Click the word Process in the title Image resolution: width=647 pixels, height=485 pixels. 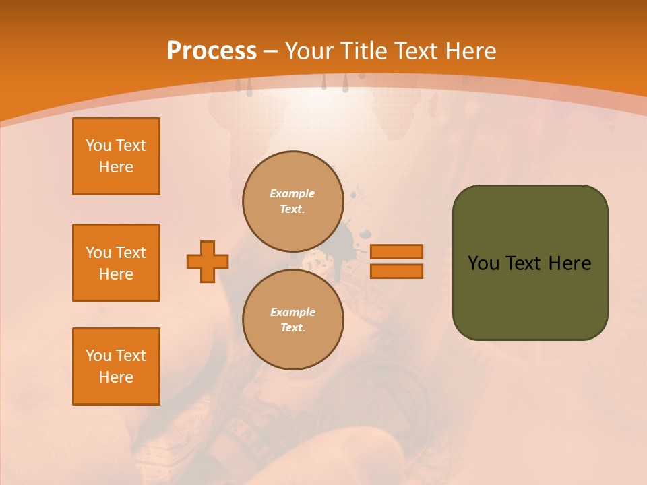click(212, 51)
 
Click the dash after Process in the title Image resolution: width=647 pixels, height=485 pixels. click(270, 52)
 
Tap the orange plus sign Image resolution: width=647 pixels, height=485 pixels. click(208, 261)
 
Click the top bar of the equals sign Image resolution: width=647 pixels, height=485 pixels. click(396, 251)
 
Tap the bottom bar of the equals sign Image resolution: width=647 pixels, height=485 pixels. click(396, 271)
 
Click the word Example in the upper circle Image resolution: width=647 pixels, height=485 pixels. click(292, 193)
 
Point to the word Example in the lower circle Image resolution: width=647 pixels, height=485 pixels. click(292, 312)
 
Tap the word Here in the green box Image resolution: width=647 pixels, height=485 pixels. click(570, 263)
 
